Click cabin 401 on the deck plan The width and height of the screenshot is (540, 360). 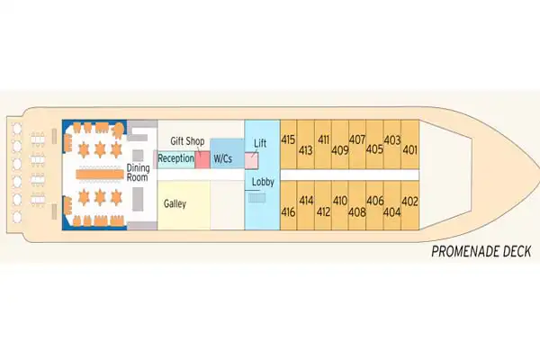point(409,150)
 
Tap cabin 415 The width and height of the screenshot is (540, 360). point(289,140)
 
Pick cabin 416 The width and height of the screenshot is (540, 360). point(289,212)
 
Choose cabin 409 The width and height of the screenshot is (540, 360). point(339,150)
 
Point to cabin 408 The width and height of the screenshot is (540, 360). point(357,212)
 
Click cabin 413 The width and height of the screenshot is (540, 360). point(305,150)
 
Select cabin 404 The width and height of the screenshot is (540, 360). point(391,212)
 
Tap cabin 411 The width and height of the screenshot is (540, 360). point(323,140)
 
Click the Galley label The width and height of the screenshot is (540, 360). point(175,204)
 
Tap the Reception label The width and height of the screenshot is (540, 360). point(175,159)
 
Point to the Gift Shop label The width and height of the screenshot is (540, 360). point(188,141)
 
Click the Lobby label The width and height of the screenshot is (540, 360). point(263,182)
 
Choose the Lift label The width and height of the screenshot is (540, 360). point(261,143)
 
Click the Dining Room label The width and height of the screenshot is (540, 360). point(138,172)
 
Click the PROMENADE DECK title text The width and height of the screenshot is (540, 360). point(482,252)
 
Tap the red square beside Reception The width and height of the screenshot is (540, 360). point(202,159)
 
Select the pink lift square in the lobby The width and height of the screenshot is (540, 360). point(254,159)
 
